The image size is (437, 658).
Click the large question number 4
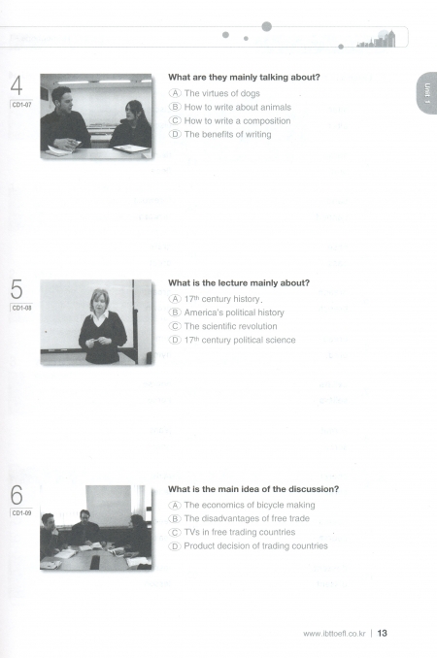point(17,85)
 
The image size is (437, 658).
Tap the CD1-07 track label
point(21,105)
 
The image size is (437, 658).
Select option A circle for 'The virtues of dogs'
point(175,93)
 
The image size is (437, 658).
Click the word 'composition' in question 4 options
point(266,121)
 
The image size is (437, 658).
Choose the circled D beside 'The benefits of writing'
point(175,134)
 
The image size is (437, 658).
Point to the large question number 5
point(17,289)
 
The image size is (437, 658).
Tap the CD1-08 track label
point(21,308)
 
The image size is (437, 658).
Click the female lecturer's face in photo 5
point(99,301)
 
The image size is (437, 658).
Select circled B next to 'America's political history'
point(175,313)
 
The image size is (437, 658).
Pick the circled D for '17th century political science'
point(175,340)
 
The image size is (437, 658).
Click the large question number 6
point(17,495)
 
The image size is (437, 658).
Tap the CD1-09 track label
point(21,512)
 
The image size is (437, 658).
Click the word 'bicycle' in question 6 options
point(262,505)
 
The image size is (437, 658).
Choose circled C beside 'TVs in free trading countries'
point(175,532)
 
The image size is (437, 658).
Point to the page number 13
point(382,633)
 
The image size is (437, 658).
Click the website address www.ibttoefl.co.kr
point(334,634)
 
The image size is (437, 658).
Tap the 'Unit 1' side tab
point(427,93)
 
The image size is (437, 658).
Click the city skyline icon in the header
point(376,39)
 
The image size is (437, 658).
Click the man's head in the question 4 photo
point(62,98)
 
